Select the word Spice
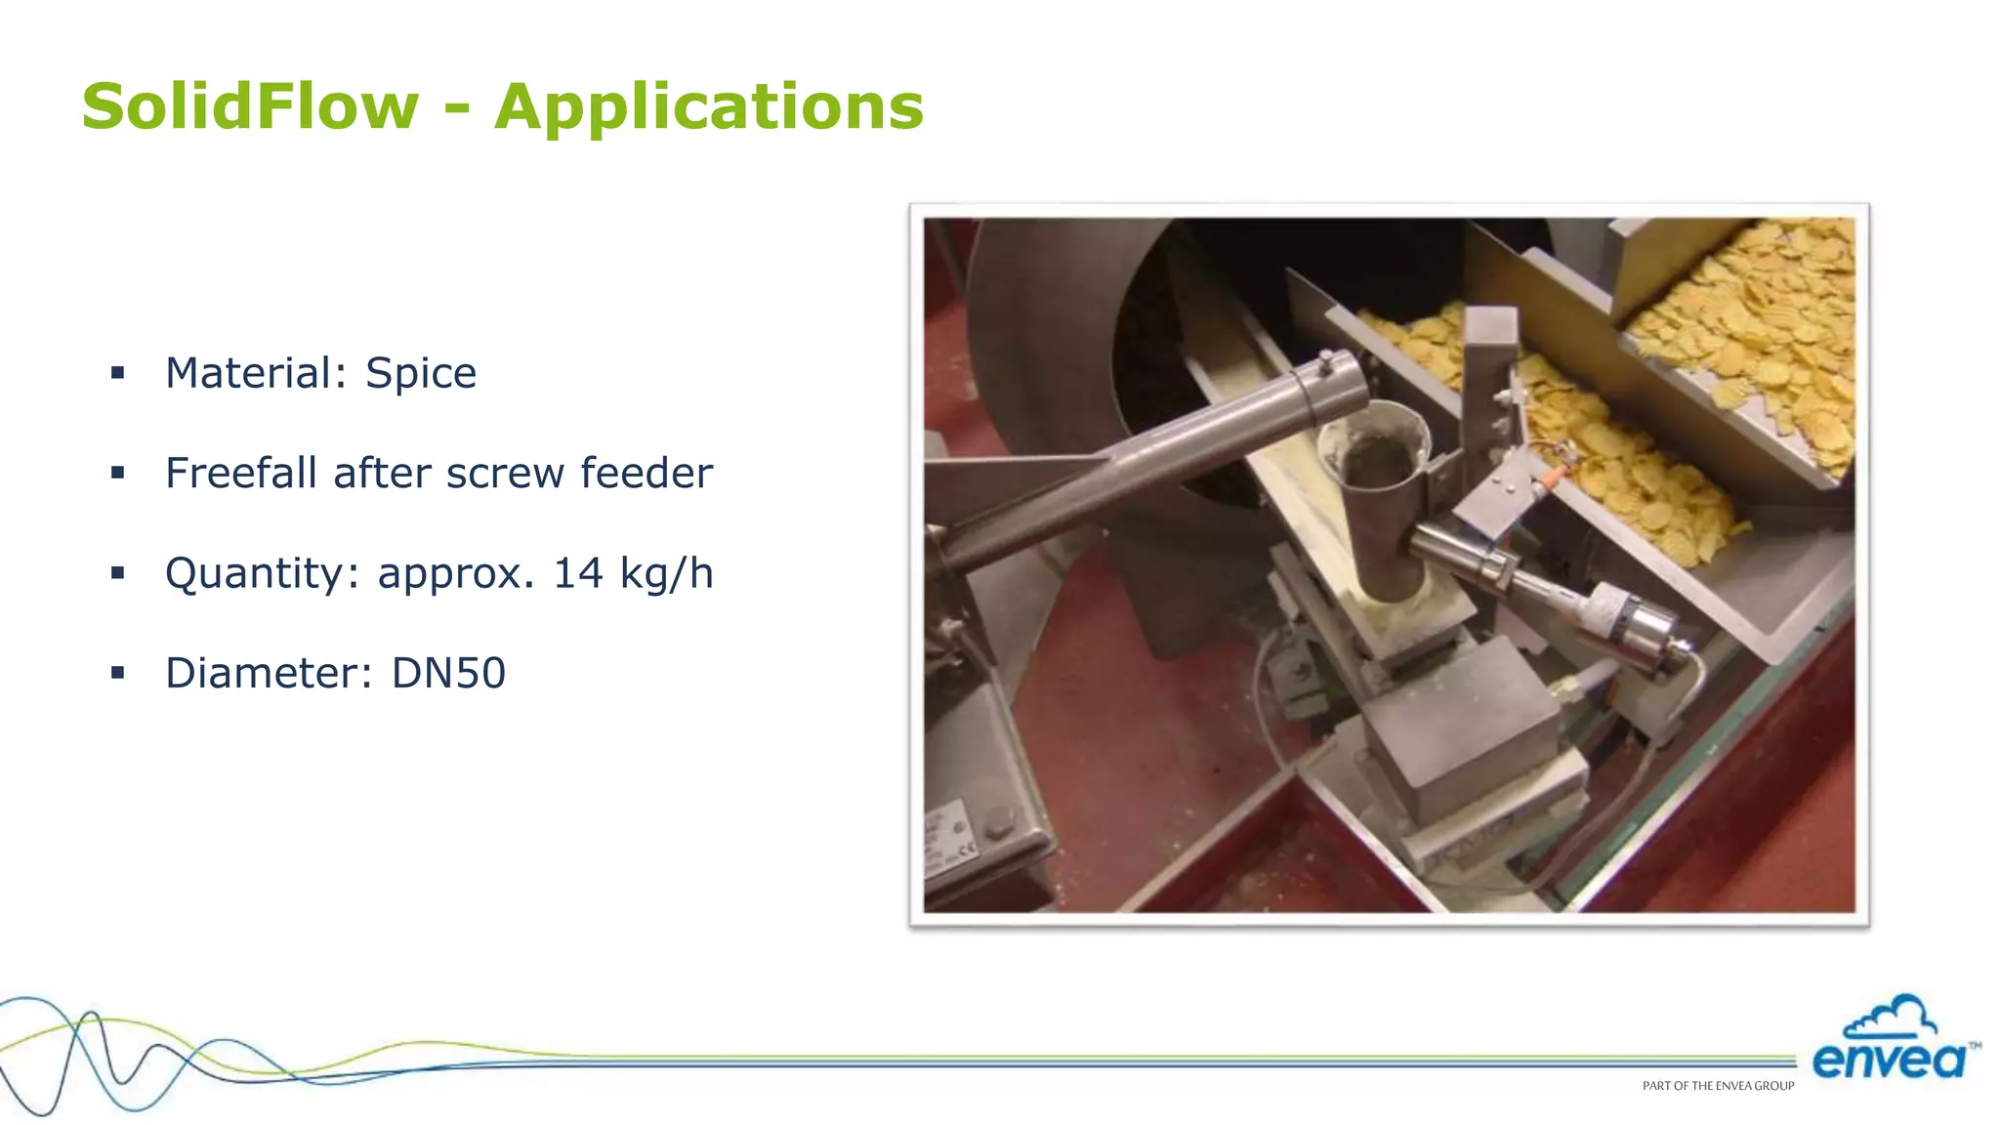coord(421,373)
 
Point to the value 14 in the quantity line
coord(578,573)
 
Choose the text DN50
coord(448,673)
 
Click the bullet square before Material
coord(118,373)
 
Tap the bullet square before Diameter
coord(118,673)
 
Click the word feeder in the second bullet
coord(646,474)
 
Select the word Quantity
coord(254,573)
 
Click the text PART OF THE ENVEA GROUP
coord(1718,1086)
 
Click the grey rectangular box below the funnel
coord(1455,742)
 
